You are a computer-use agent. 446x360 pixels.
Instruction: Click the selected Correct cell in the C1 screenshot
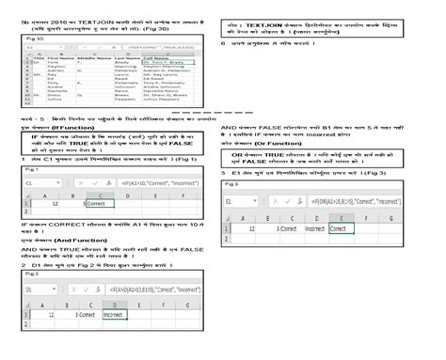98,202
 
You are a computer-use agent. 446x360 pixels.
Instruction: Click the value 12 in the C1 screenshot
56,202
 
